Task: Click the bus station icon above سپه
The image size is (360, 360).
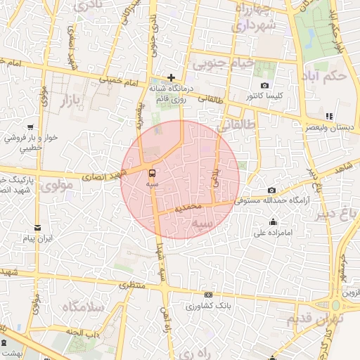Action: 152,172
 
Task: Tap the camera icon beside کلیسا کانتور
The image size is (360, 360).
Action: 264,85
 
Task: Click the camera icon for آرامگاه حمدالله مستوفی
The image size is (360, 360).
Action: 272,190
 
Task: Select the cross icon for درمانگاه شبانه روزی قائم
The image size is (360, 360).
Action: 171,77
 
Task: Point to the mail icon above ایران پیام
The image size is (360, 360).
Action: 38,228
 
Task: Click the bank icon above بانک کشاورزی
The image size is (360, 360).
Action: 208,295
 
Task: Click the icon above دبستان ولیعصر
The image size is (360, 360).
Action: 328,116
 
